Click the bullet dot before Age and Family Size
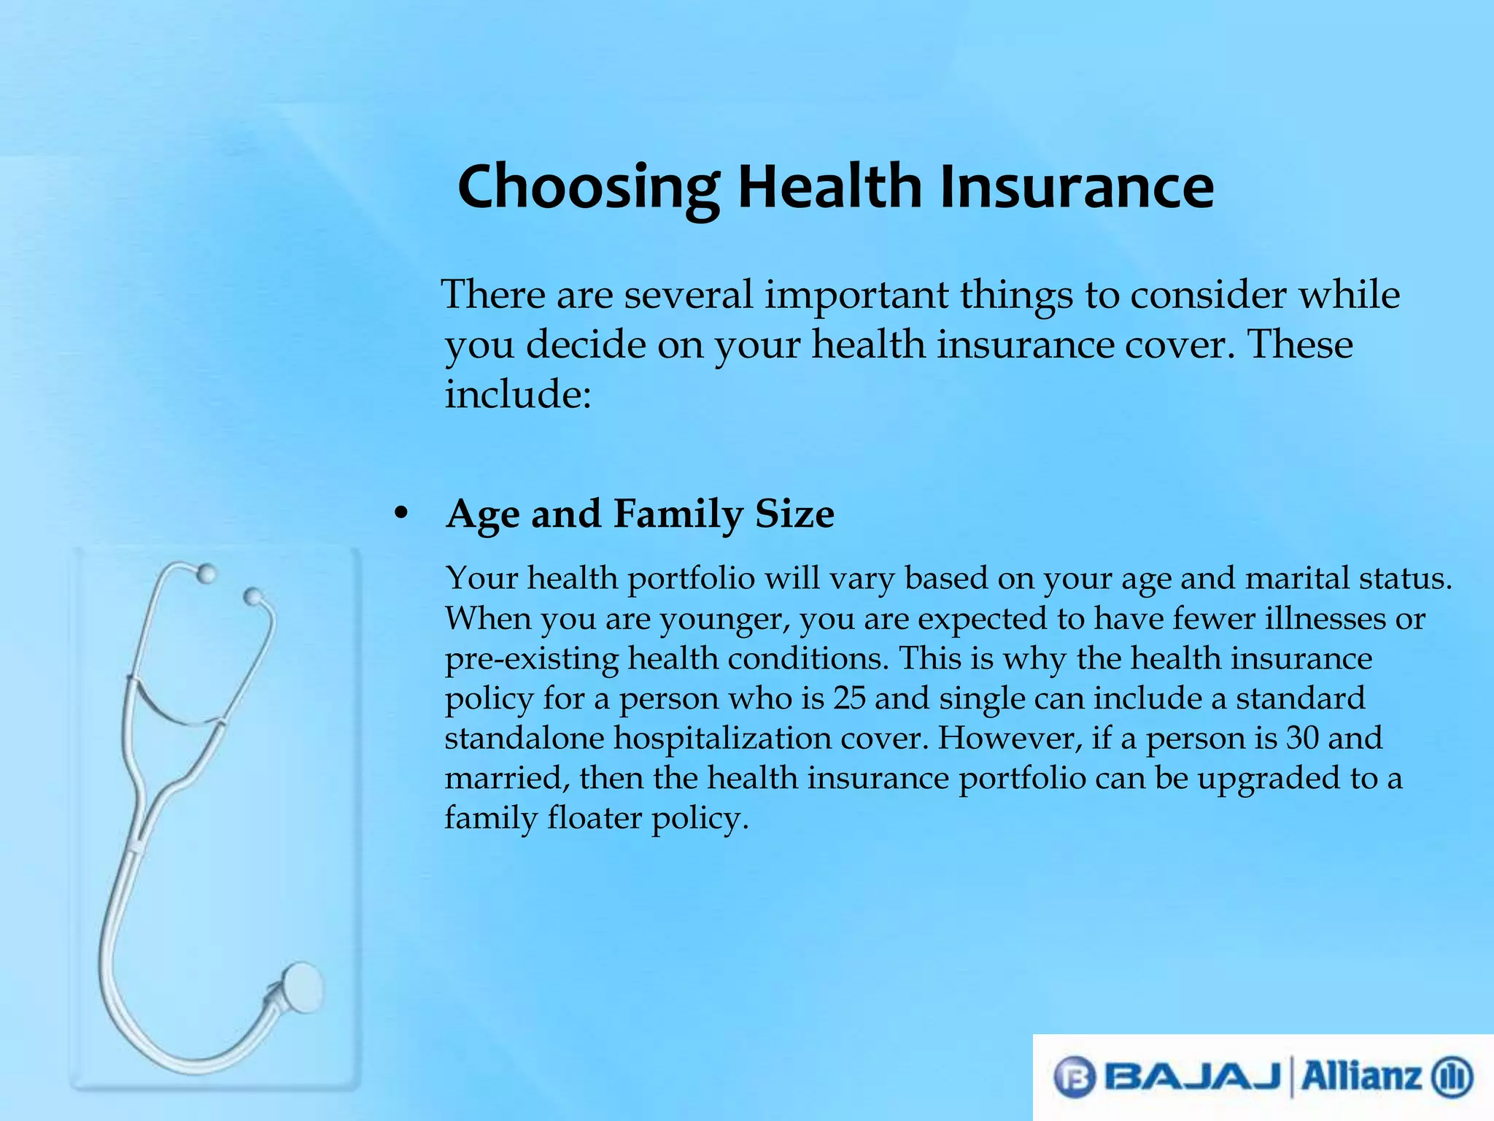[400, 514]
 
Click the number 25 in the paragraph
[849, 698]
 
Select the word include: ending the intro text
[517, 394]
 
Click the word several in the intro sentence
[688, 295]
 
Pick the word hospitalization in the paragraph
[722, 738]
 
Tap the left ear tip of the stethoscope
[206, 574]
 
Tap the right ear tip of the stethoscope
[252, 597]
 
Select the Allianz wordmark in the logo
[1361, 1076]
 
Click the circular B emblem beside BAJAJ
[1075, 1077]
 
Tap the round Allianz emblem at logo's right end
[1452, 1077]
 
